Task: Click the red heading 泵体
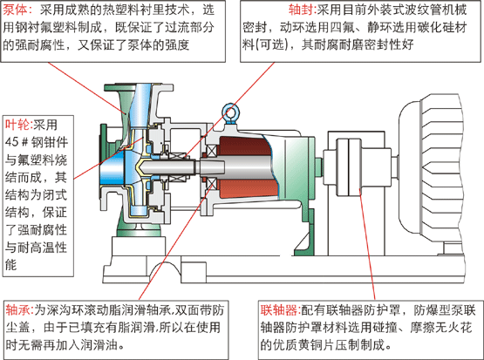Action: point(17,10)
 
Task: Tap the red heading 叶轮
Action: point(19,125)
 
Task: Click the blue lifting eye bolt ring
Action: point(230,111)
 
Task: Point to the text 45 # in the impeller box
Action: point(17,143)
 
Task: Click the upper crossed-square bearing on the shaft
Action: point(211,151)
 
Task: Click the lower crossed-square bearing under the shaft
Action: point(211,184)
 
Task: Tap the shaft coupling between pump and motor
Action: point(349,166)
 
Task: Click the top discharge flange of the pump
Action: point(139,87)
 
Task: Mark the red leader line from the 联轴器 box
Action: point(367,244)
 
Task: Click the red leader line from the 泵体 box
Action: point(87,88)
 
